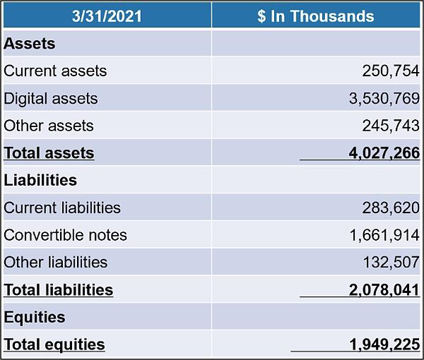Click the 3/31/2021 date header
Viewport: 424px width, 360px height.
point(107,16)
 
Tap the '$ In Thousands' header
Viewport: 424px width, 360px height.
point(316,16)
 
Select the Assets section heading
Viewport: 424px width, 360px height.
point(30,44)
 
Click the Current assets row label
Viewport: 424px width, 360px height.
point(55,71)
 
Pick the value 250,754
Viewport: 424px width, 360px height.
point(391,71)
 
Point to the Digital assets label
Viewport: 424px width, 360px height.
point(51,99)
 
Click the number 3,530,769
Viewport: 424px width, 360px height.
point(384,99)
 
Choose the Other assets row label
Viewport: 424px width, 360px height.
point(49,126)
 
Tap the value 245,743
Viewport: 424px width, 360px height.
point(391,126)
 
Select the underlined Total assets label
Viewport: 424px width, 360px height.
point(49,153)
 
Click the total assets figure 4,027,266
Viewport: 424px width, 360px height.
point(384,153)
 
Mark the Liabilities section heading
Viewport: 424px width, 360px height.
point(40,180)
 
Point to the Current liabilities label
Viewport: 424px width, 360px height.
point(62,208)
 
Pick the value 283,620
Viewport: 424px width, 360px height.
point(391,208)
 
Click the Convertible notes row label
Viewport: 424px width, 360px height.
point(65,235)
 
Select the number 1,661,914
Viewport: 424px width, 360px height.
point(384,236)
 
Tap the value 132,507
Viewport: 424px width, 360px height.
point(391,263)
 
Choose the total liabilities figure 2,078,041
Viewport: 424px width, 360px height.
point(384,290)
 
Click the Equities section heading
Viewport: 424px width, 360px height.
point(35,317)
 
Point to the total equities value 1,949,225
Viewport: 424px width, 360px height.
point(384,345)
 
